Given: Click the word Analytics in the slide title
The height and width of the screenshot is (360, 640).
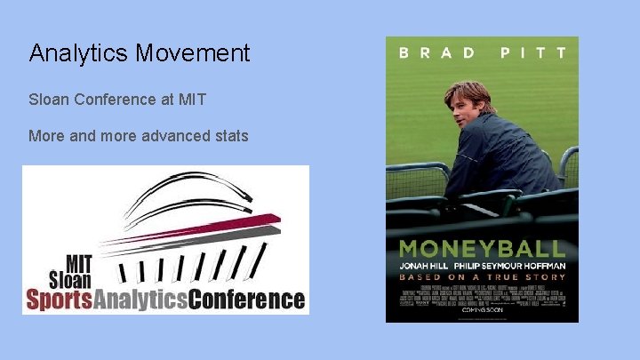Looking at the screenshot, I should click(x=78, y=53).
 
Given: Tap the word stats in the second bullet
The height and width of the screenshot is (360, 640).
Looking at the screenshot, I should click(x=230, y=136).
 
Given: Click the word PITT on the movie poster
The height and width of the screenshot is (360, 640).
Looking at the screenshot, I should click(x=533, y=53).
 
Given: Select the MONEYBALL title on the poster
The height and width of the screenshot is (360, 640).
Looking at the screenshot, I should click(x=481, y=249).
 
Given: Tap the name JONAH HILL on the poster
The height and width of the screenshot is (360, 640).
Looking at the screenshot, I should click(x=428, y=264).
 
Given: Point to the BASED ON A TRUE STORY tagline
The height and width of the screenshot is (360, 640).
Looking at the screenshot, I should click(x=481, y=276).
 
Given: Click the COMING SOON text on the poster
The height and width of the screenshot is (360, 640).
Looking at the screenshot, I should click(x=481, y=310).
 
